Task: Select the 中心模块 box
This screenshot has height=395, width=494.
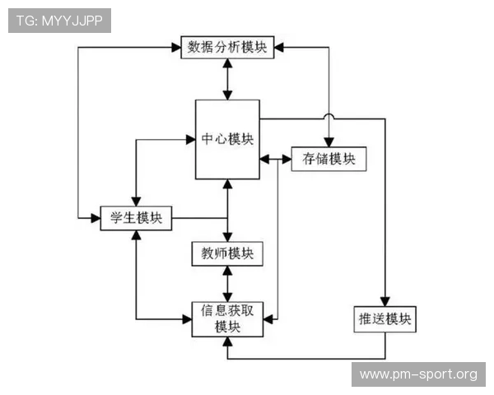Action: [227, 138]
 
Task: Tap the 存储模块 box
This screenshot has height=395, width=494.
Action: [329, 159]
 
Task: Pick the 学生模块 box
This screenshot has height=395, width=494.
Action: [136, 218]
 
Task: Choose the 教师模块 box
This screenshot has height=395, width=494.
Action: [227, 253]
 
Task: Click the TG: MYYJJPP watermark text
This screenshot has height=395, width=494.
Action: [59, 21]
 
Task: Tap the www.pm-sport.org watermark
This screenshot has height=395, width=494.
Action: [417, 374]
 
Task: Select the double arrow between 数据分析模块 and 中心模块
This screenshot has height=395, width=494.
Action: [227, 79]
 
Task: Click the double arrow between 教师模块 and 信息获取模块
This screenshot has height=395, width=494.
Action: [227, 282]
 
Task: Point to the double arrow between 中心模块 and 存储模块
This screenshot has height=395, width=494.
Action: [276, 158]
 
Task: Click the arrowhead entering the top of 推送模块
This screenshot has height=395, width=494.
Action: [384, 302]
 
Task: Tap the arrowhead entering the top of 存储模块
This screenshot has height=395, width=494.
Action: [329, 142]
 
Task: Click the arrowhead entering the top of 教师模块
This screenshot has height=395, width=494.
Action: [227, 237]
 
